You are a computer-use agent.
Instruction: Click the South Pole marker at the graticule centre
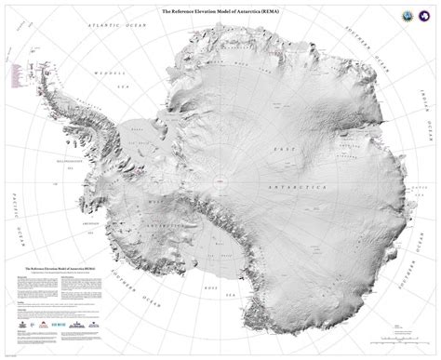click(x=220, y=180)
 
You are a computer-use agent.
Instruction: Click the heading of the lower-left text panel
click(x=62, y=265)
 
